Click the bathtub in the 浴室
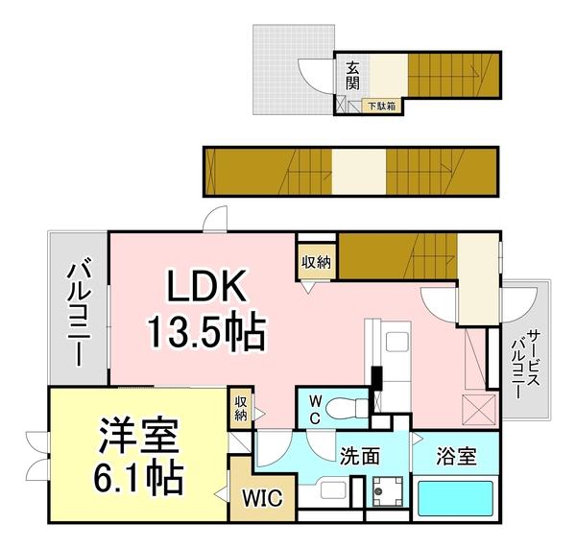455,498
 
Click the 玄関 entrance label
353,74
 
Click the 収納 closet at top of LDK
316,260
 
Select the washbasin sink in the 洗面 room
325,493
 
